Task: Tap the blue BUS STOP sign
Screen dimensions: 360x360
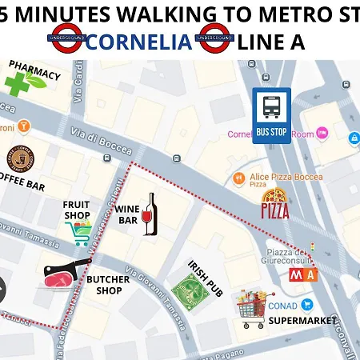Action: (x=272, y=116)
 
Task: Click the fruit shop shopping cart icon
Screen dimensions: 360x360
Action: (x=77, y=233)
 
